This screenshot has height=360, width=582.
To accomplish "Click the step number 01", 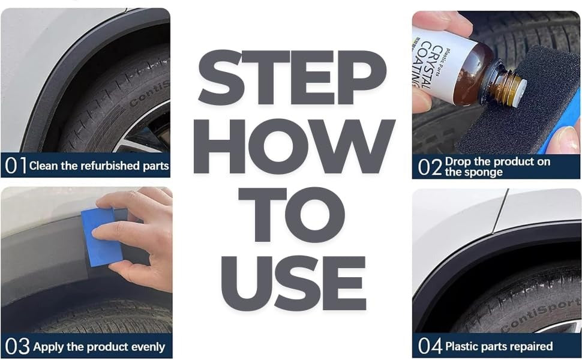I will tap(15, 166).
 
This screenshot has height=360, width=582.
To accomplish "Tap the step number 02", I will tap(430, 166).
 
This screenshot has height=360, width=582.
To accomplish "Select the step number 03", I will tap(17, 346).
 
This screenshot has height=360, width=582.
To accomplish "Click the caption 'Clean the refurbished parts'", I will tap(99, 166).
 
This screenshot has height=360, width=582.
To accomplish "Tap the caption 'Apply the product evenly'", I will tap(99, 347).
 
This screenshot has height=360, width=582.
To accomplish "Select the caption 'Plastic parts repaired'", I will tap(499, 346).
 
